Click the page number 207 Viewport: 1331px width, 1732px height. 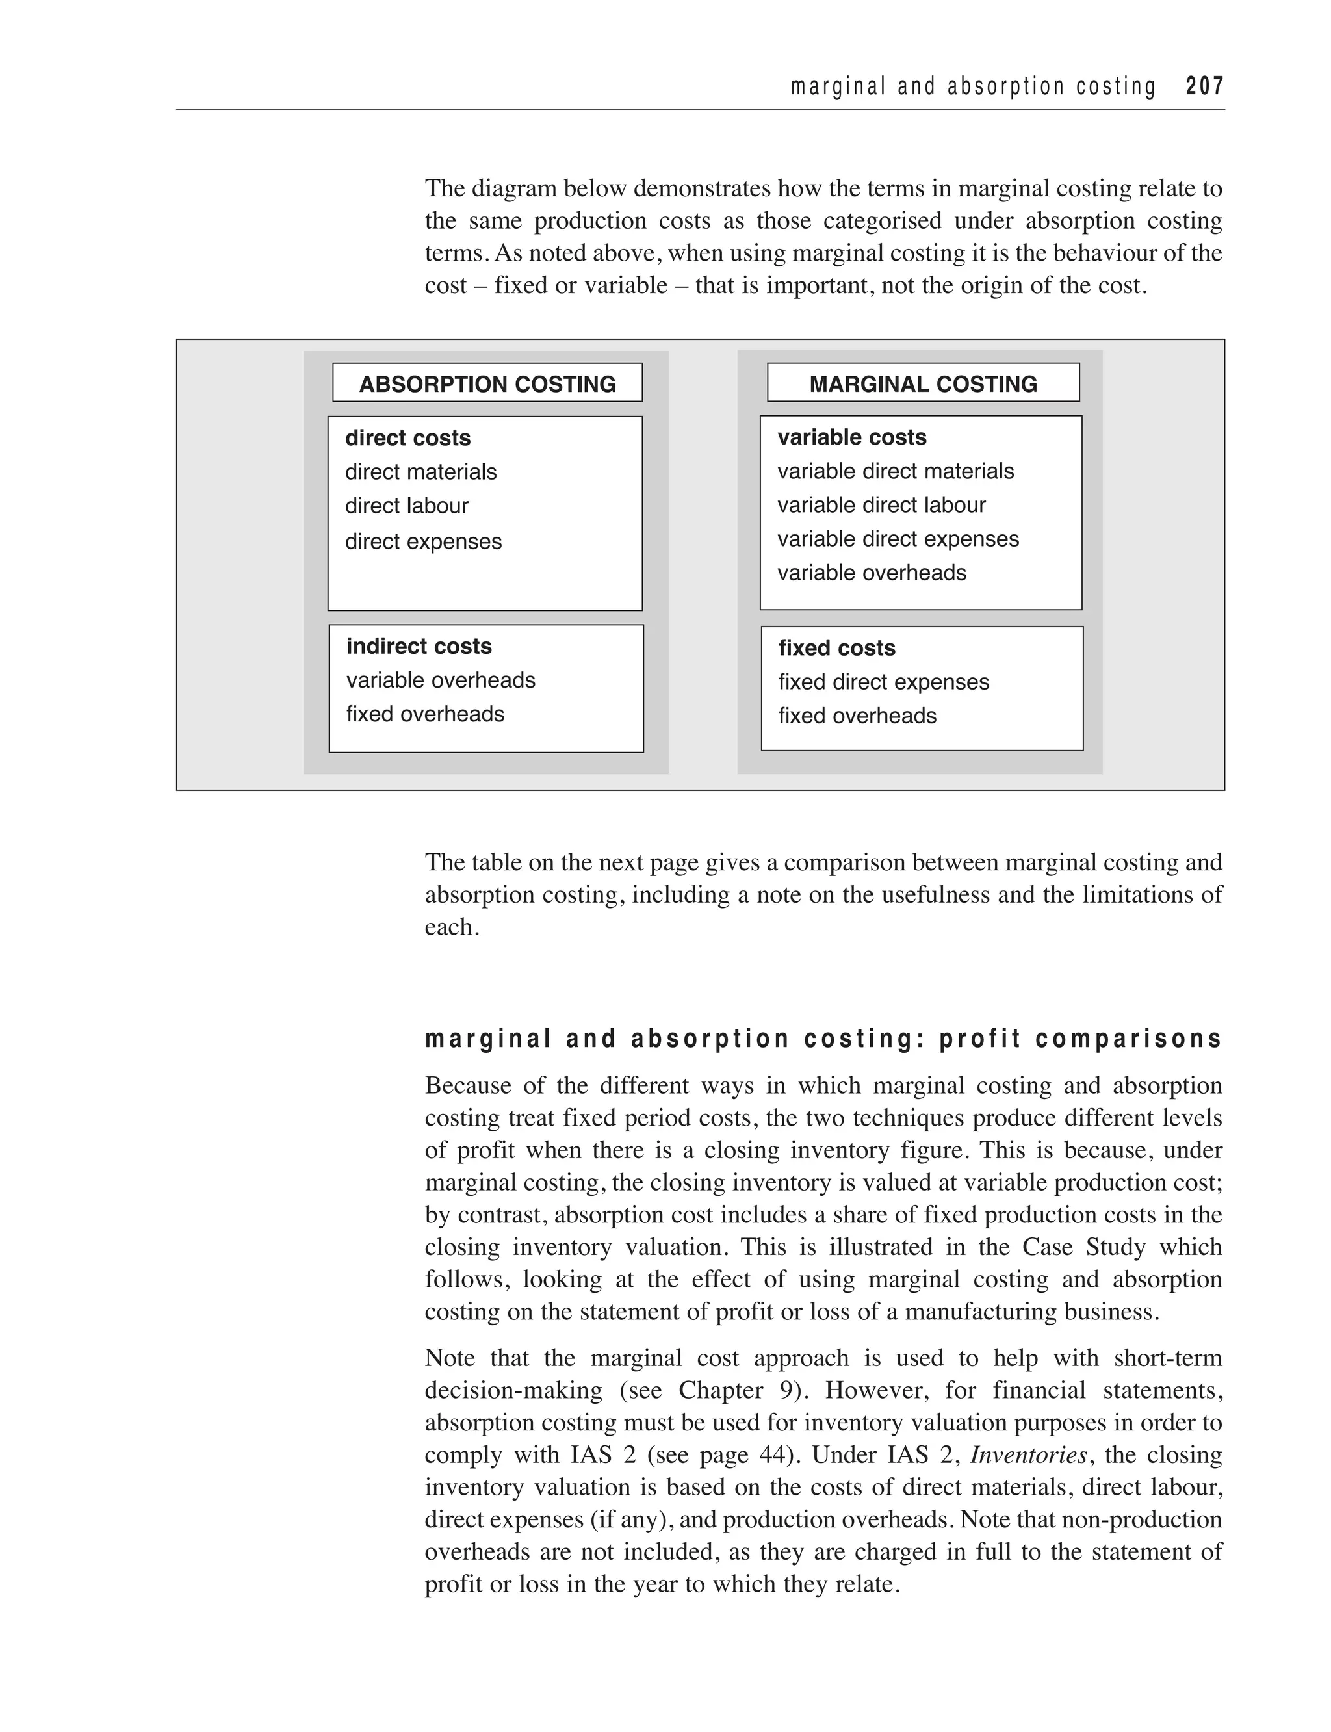(1204, 86)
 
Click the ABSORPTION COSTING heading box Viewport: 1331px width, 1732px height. (487, 383)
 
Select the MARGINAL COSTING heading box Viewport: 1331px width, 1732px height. (923, 383)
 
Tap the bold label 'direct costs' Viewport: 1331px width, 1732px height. (407, 438)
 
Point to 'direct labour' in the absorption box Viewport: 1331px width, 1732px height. (406, 506)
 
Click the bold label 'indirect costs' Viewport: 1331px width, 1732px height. (419, 647)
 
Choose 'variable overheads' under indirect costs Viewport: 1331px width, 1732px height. (441, 680)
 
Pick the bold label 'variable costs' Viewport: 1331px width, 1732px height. (851, 437)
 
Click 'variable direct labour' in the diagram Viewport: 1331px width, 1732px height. (881, 505)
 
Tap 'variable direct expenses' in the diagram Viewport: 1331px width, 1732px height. (898, 539)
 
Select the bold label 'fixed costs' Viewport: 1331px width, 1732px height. (836, 648)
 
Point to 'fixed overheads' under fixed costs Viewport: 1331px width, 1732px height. (857, 716)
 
